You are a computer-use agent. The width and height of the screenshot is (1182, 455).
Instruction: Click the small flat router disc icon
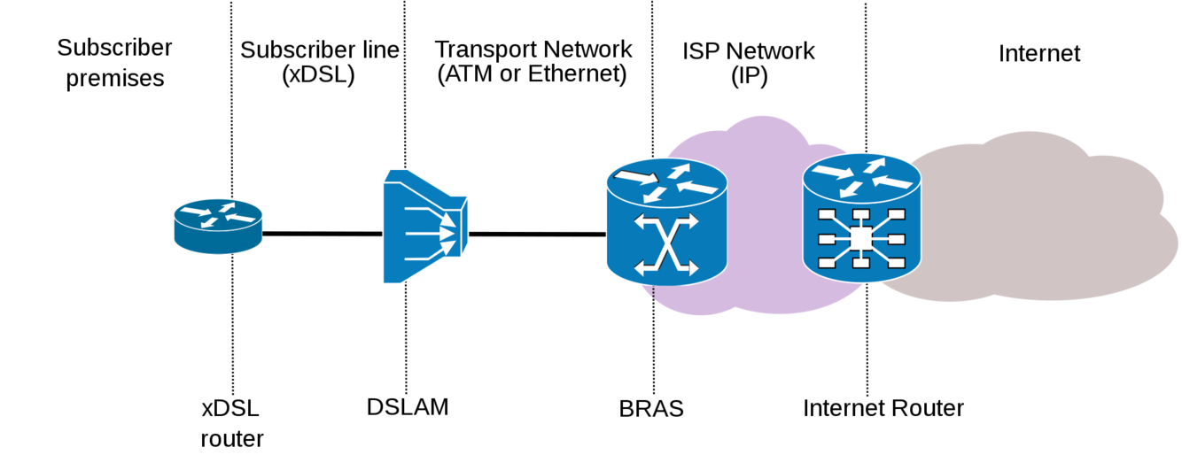click(x=218, y=226)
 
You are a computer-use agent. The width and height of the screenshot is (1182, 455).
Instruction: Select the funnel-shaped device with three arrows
click(x=424, y=227)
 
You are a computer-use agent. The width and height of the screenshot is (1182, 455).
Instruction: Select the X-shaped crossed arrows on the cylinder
click(x=666, y=243)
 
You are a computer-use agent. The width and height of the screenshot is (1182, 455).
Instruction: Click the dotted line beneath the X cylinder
click(x=654, y=293)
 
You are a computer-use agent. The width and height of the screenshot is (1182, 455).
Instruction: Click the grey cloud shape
click(x=1046, y=221)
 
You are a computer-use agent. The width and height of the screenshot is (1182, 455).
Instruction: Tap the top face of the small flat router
click(x=218, y=214)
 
